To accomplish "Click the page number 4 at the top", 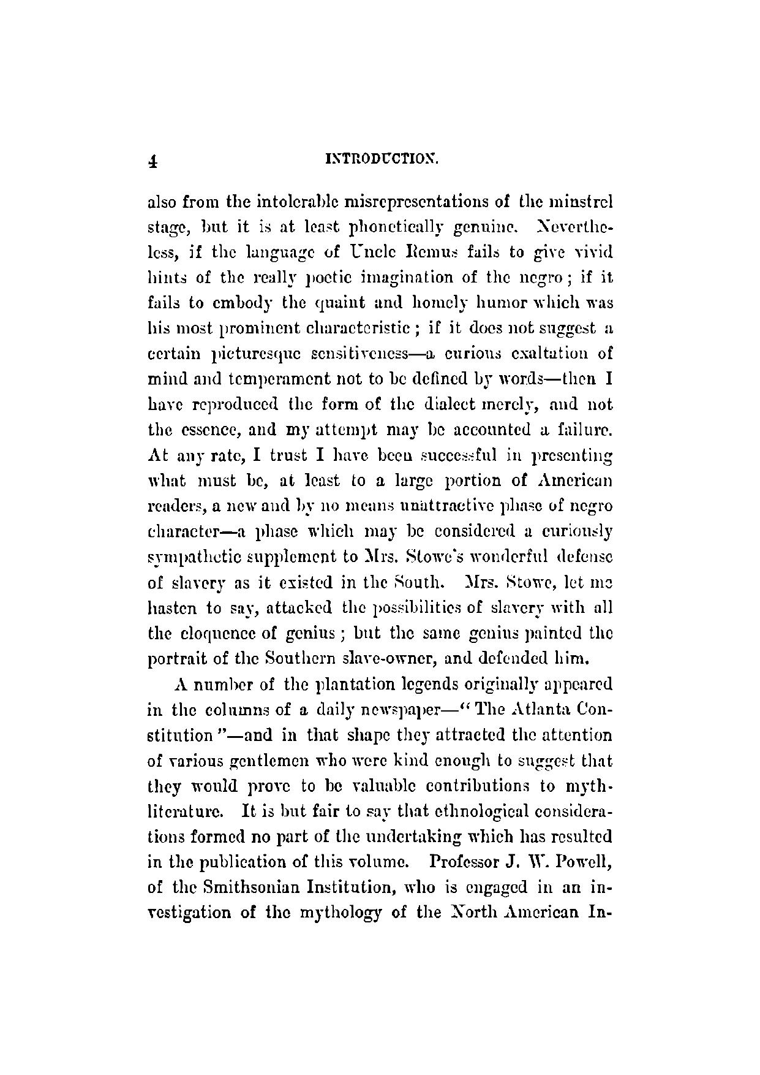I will [x=154, y=161].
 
